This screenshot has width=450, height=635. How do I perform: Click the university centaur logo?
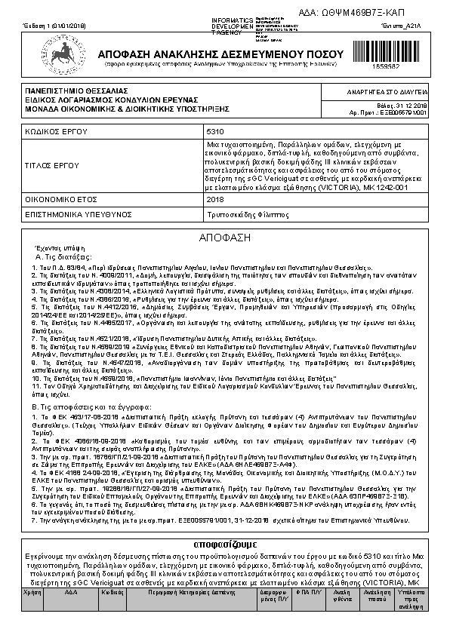(60, 57)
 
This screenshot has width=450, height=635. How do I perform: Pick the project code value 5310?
(214, 130)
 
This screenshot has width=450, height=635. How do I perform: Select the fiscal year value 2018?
(214, 200)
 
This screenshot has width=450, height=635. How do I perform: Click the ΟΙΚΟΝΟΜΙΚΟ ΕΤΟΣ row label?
(61, 200)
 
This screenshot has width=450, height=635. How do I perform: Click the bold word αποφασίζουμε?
(224, 544)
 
